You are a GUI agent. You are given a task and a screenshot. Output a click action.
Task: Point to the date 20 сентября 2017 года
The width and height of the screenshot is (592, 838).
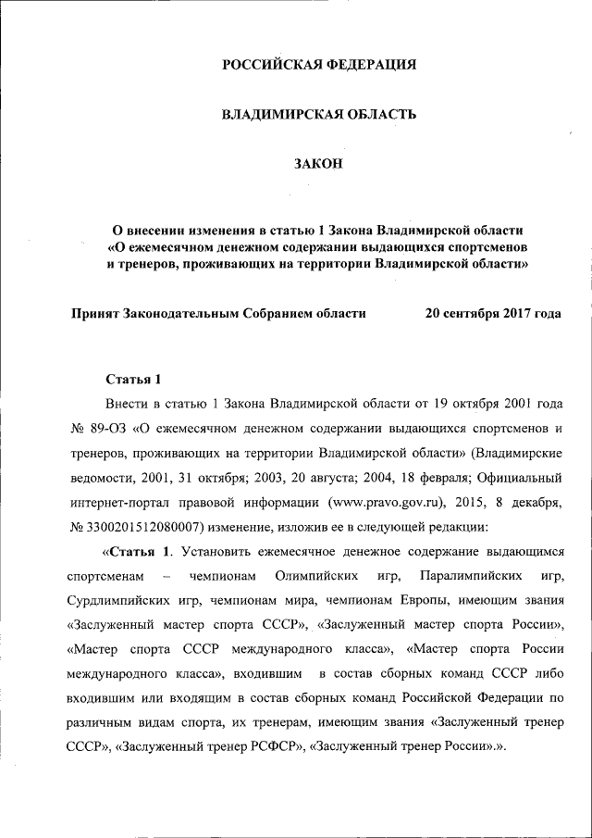[492, 314]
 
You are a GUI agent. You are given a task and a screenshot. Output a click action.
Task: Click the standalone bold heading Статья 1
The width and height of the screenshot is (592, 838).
[133, 380]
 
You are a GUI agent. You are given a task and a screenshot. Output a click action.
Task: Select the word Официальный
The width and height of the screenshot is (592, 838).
[519, 481]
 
